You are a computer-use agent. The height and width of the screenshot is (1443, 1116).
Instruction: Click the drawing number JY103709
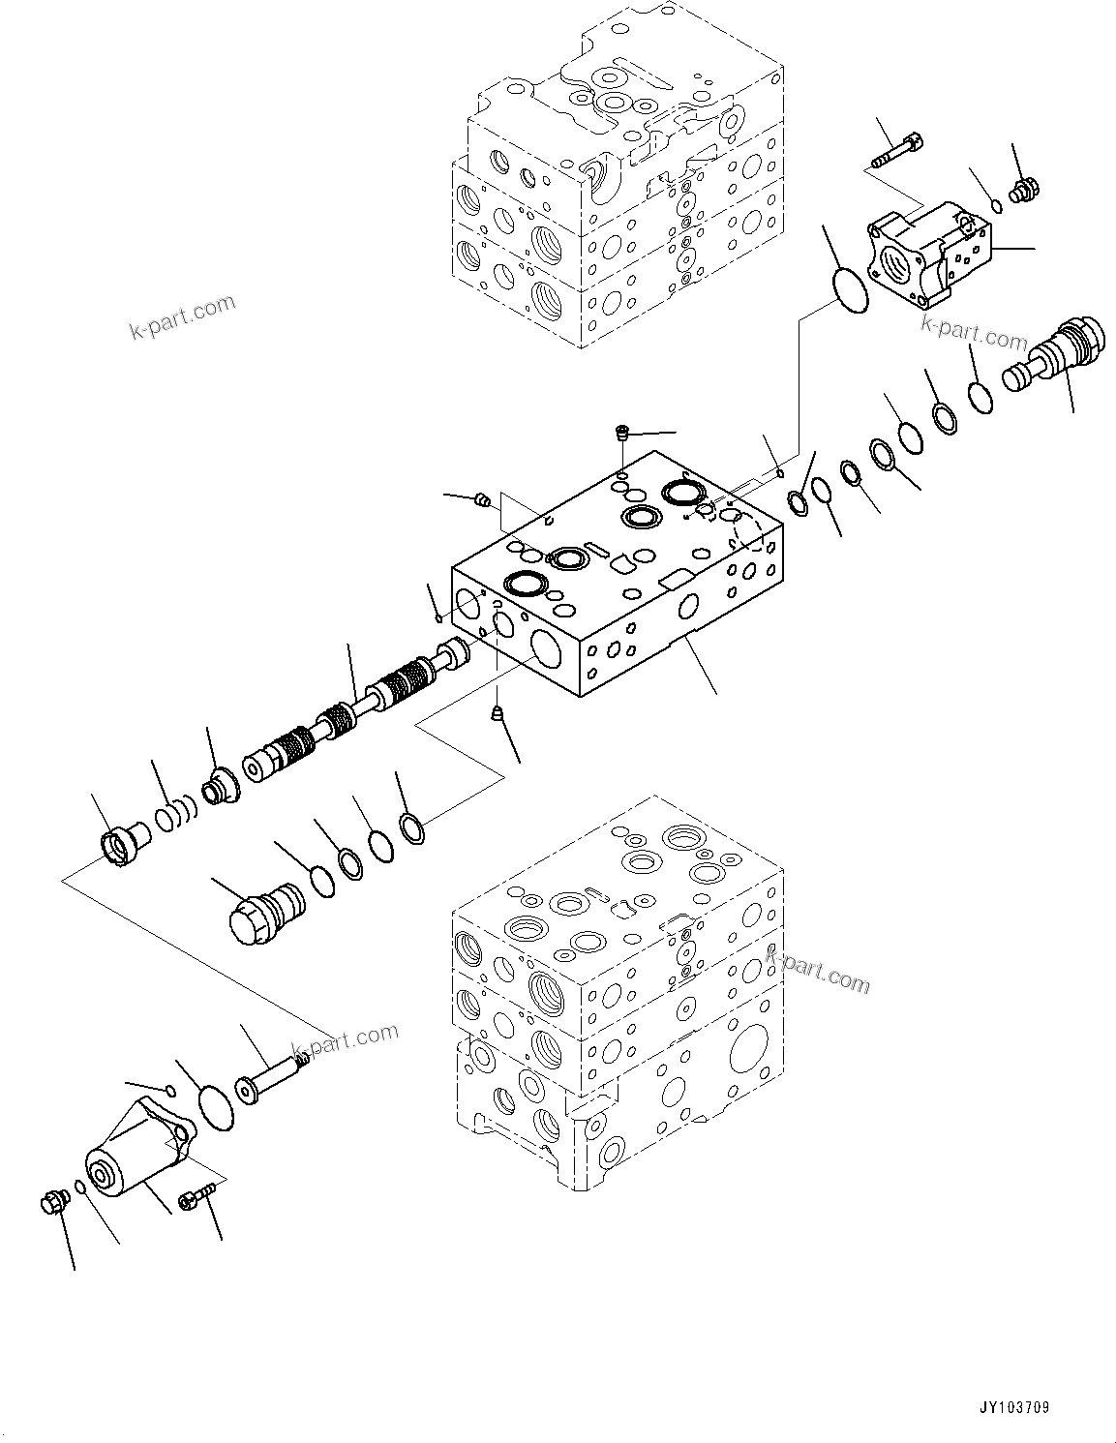pos(1013,1407)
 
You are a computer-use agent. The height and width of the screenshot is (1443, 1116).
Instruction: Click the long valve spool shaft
pos(353,720)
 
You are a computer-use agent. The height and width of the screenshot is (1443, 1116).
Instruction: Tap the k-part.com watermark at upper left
pos(182,317)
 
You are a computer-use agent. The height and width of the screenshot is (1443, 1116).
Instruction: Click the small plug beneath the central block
pos(497,714)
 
